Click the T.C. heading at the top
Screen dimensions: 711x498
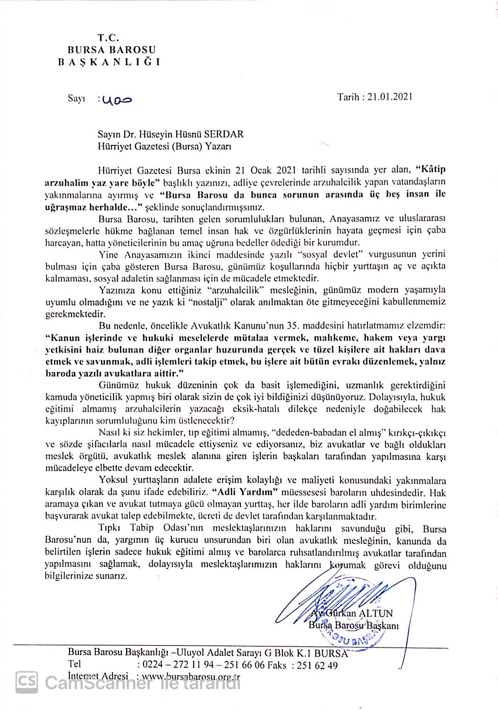(109, 38)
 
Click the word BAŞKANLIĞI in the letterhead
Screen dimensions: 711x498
(109, 62)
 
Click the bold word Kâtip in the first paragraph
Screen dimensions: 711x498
(431, 169)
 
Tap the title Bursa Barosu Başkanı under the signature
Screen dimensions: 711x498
(354, 626)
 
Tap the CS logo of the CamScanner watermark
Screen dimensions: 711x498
(27, 682)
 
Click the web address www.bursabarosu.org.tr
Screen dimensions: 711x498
(191, 677)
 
